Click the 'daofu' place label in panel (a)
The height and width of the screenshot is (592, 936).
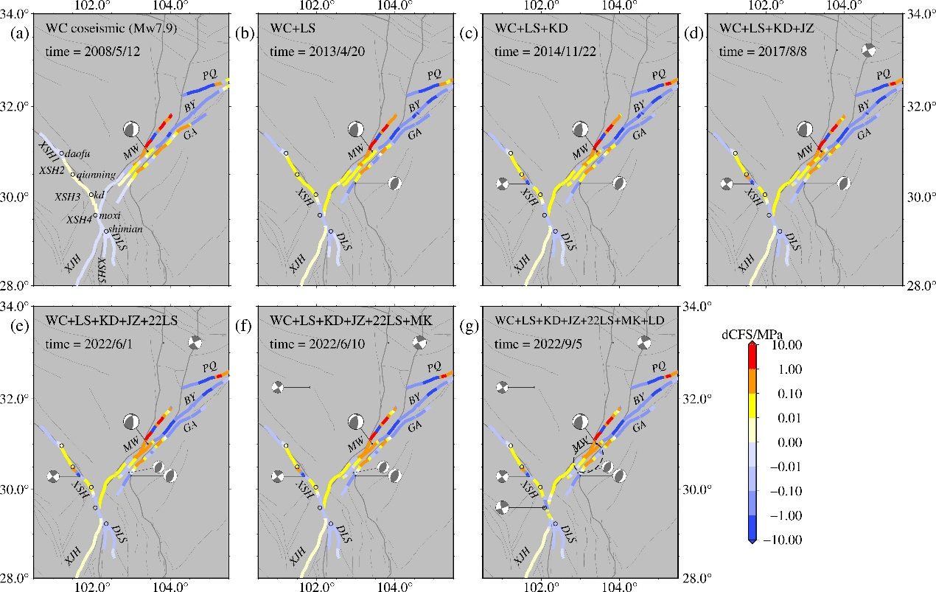[x=77, y=154]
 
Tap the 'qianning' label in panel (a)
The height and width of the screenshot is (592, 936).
[x=96, y=175]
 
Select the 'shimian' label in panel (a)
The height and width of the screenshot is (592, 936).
[x=126, y=229]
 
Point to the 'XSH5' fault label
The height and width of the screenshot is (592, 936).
[x=102, y=270]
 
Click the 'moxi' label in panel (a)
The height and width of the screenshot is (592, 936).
[x=111, y=216]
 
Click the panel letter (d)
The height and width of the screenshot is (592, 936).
[x=694, y=33]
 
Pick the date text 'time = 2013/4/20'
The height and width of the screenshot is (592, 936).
[x=317, y=52]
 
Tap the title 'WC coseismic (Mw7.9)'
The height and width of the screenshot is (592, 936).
[x=111, y=28]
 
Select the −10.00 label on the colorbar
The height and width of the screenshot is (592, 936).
[x=783, y=540]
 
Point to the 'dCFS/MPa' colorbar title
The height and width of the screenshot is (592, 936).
[x=752, y=335]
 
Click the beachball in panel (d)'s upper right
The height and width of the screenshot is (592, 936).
[x=869, y=51]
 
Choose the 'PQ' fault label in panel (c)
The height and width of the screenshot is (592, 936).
[x=659, y=75]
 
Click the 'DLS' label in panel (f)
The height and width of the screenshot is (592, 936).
[x=344, y=534]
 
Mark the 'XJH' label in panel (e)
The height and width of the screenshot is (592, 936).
[x=73, y=556]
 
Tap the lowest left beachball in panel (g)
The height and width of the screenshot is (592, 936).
[x=502, y=507]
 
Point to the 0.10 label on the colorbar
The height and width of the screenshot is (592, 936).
[x=790, y=394]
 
